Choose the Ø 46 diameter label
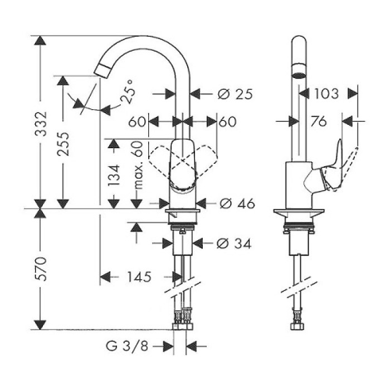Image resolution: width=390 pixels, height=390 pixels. click(x=235, y=204)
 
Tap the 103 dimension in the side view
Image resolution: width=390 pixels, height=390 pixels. click(x=326, y=93)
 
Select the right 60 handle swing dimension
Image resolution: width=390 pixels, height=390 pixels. click(x=227, y=121)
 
